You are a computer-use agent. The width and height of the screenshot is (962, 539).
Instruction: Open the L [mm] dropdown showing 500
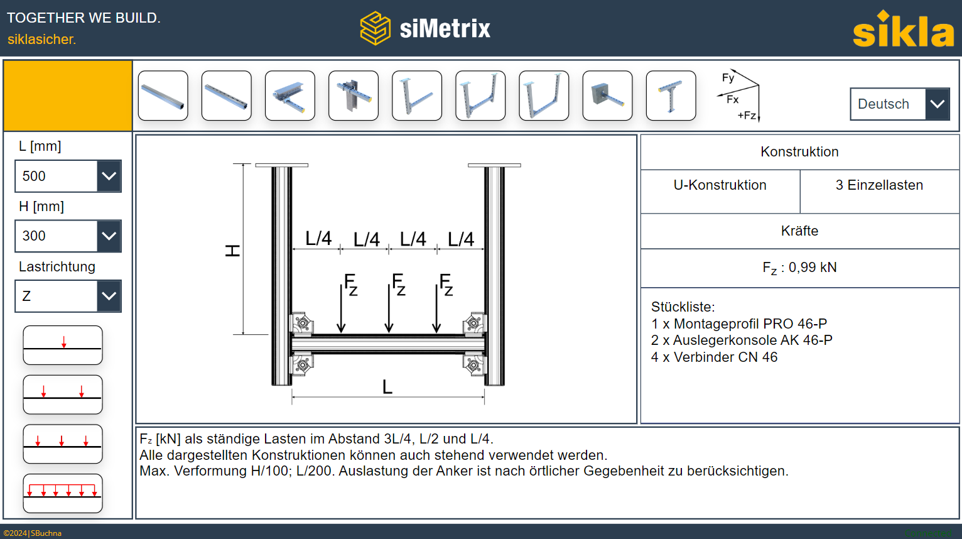[x=68, y=176]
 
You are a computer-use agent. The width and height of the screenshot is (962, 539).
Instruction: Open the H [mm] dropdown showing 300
[x=68, y=236]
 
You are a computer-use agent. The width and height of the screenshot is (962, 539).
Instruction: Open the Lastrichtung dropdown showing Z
[x=68, y=296]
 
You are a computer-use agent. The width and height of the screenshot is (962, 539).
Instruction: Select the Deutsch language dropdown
[x=899, y=104]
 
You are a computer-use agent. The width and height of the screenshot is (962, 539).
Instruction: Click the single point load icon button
[x=63, y=345]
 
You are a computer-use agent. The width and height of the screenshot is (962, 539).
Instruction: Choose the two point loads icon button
[x=63, y=395]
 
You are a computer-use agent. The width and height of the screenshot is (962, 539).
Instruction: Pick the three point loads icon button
[x=63, y=444]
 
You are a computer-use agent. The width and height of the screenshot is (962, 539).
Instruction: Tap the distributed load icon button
[x=63, y=493]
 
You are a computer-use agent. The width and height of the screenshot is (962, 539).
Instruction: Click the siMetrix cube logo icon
[x=375, y=28]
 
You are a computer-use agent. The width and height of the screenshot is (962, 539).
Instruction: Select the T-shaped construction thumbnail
[x=671, y=95]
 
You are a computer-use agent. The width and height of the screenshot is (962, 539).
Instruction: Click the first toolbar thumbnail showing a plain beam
[x=163, y=95]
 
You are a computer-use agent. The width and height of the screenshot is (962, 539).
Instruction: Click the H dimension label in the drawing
[x=232, y=251]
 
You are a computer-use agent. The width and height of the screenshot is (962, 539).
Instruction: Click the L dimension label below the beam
[x=387, y=387]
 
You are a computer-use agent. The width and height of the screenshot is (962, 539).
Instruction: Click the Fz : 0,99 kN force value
[x=799, y=268]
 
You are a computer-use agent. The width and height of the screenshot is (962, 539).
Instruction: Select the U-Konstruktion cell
[x=720, y=185]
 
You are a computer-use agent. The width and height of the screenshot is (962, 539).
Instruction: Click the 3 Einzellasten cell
[x=879, y=185]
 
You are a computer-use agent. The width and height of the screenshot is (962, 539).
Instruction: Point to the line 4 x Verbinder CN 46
[x=714, y=357]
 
